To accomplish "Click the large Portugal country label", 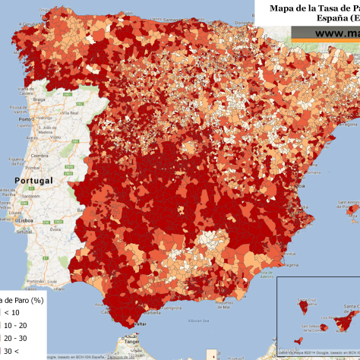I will pos(34,181).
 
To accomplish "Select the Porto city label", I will pos(23,120).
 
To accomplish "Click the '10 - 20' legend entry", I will pos(15,325).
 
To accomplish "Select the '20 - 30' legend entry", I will pos(15,338).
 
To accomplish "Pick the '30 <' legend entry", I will pos(11,351).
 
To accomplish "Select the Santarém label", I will pos(30,196).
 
